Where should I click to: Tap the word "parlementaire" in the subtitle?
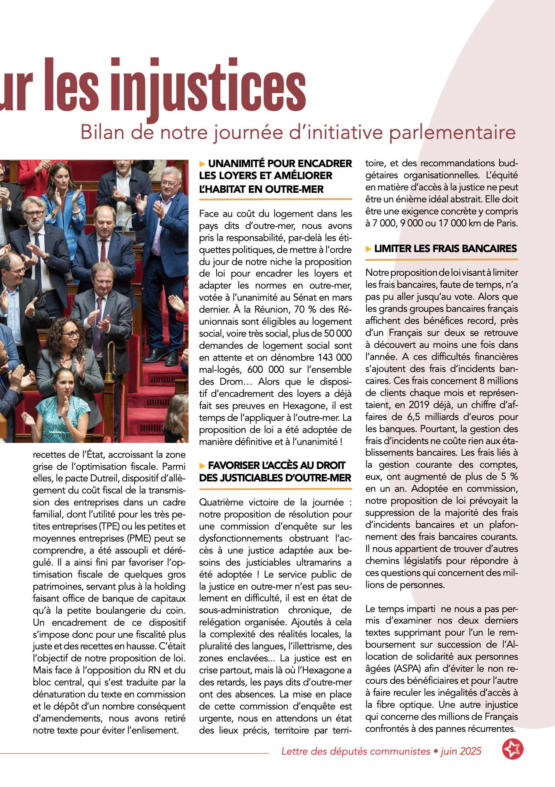(x=452, y=132)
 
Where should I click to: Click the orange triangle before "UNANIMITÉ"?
(x=203, y=164)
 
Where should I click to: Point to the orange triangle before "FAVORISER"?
(x=203, y=466)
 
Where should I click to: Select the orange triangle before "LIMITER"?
(x=369, y=249)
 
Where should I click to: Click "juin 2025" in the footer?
(x=461, y=751)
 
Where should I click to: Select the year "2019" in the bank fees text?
(x=419, y=405)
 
